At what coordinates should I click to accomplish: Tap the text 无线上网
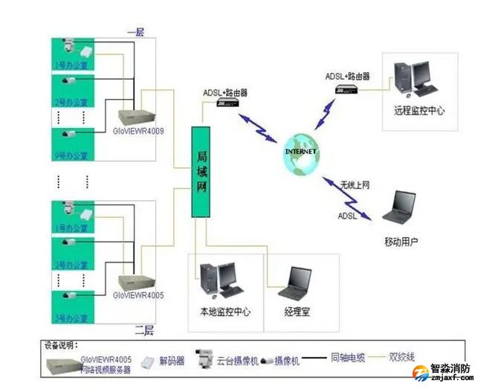pos(355,184)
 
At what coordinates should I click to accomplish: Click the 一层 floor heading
pos(135,31)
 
